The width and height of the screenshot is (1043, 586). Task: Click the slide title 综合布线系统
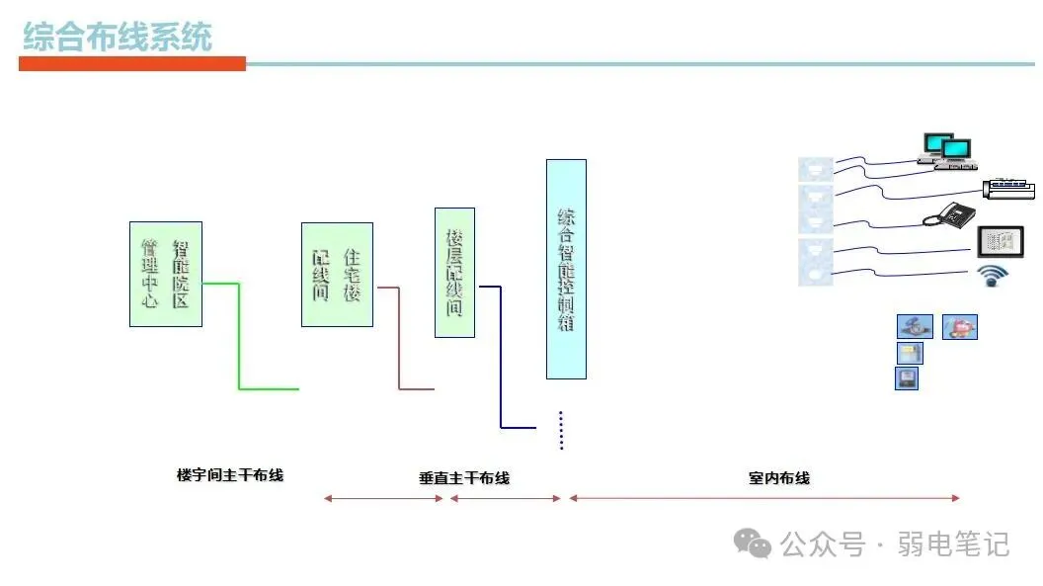tap(117, 38)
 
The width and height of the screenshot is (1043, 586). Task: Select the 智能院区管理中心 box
tap(166, 274)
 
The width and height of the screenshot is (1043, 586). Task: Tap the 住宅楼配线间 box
tap(337, 274)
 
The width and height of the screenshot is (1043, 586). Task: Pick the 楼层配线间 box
tap(454, 272)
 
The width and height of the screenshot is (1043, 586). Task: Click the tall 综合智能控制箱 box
tap(566, 269)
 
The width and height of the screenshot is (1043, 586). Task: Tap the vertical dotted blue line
tap(561, 430)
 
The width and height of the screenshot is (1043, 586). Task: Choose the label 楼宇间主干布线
tap(230, 475)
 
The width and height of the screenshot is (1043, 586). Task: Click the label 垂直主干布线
tap(464, 478)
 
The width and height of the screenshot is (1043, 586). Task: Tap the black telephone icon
tap(947, 214)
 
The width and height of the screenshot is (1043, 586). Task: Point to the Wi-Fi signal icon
tap(991, 277)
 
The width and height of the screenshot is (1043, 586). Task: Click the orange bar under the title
tap(131, 64)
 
